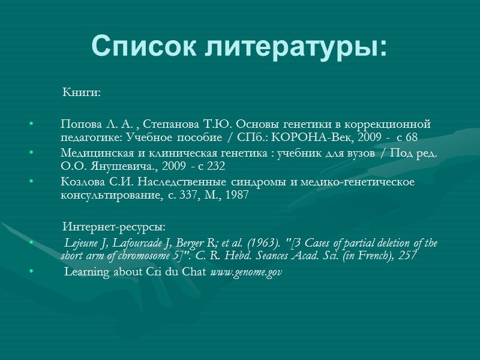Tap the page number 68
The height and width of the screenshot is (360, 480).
coord(412,137)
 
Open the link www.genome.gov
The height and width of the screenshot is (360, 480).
coord(246,272)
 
